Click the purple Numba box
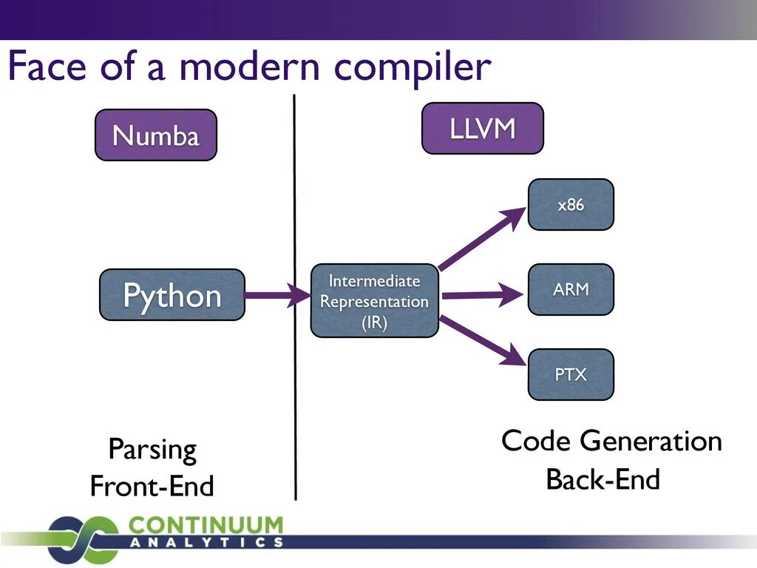coord(156,135)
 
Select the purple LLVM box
coord(482,129)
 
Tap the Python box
coord(172,295)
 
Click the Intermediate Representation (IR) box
coord(374,301)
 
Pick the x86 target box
coord(571,205)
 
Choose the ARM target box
coord(571,289)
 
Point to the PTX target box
coord(571,374)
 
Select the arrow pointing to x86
coord(481,239)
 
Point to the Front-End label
coord(152,487)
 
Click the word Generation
coord(651,442)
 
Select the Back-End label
coord(602,480)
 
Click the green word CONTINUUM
coord(206,526)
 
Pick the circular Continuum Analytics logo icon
coord(81,538)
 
